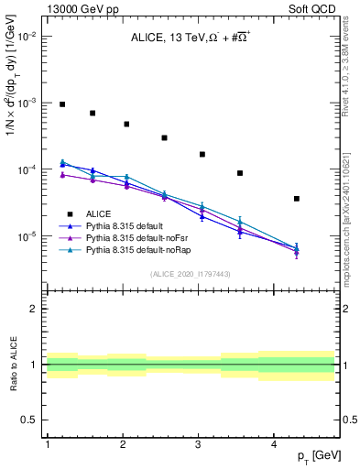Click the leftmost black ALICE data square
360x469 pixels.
coord(62,104)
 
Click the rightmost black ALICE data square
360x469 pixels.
coord(322,199)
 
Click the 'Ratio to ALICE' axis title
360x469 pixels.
coord(12,364)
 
